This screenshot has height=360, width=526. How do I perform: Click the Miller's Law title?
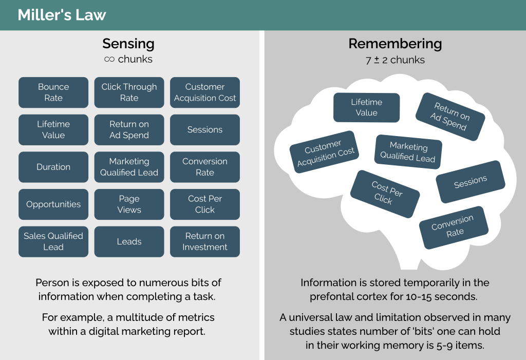[62, 15]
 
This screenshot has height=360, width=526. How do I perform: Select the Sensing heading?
[128, 44]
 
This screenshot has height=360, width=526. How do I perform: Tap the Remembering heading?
[395, 44]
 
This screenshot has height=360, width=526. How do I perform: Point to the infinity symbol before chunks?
[109, 60]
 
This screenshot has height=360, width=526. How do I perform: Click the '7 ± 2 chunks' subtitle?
[395, 60]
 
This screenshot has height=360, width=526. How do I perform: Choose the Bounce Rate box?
[53, 92]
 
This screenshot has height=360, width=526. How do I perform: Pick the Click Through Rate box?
[129, 92]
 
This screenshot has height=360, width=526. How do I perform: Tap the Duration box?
[53, 167]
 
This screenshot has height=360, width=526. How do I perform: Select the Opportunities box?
[53, 204]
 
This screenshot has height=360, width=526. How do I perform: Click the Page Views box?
[129, 204]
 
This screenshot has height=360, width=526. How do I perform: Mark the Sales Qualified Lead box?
[53, 241]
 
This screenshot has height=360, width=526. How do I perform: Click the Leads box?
[129, 241]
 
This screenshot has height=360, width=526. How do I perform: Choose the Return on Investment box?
[205, 241]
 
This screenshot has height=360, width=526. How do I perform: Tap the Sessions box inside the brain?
[471, 182]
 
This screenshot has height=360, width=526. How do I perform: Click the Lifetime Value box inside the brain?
[366, 107]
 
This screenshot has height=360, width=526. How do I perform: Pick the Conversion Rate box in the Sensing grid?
[205, 167]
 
